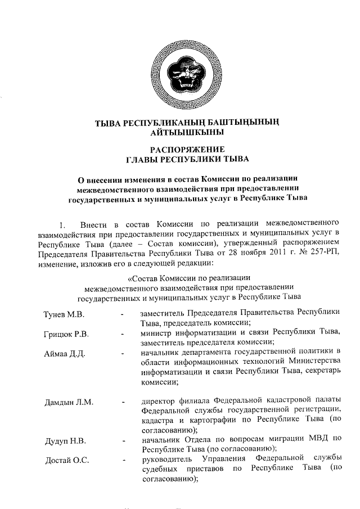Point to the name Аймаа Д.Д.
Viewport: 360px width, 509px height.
(64, 353)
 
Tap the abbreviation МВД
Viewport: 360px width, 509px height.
(317, 439)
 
